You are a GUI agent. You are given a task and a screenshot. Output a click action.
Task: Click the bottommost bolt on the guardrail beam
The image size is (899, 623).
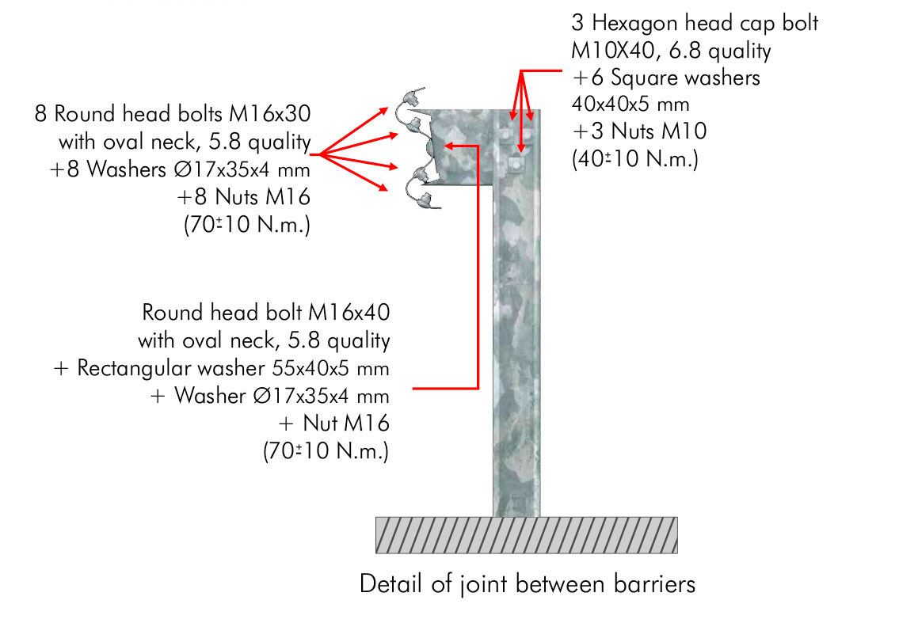pyautogui.click(x=425, y=199)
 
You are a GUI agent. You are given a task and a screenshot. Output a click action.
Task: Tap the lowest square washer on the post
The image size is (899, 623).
pyautogui.click(x=515, y=165)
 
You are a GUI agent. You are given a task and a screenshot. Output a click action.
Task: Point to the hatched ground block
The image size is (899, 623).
pyautogui.click(x=526, y=535)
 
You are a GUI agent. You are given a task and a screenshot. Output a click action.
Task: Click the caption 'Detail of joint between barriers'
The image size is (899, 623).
pyautogui.click(x=528, y=584)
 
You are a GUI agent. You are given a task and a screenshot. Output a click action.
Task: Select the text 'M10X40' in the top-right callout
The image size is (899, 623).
pyautogui.click(x=612, y=51)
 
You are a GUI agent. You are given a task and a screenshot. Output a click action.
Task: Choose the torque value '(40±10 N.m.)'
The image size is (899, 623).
pyautogui.click(x=635, y=159)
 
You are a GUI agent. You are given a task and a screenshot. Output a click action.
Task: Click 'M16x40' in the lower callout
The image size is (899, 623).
pyautogui.click(x=349, y=313)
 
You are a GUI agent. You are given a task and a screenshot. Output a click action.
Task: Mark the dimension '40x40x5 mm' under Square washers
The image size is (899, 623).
pyautogui.click(x=630, y=104)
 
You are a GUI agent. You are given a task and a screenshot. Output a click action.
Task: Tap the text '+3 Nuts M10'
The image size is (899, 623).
pyautogui.click(x=639, y=131)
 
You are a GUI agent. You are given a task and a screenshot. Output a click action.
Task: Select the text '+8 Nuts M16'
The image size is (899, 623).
pyautogui.click(x=243, y=196)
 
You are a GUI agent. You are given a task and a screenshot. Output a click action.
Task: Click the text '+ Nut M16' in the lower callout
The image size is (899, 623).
pyautogui.click(x=333, y=424)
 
